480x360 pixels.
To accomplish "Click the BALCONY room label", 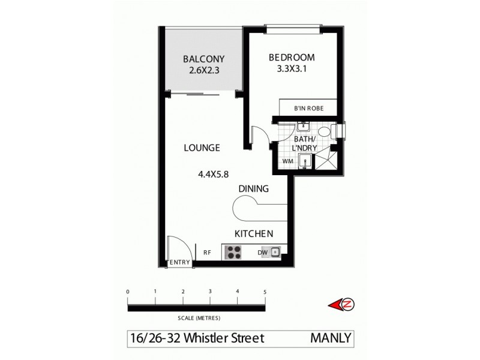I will (x=203, y=59).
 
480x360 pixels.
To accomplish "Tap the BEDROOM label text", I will (x=292, y=58).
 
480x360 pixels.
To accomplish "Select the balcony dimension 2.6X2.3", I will (x=203, y=70).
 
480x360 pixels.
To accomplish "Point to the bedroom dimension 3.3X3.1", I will (x=292, y=69).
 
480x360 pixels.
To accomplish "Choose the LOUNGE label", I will (x=202, y=148).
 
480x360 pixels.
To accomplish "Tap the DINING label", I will (x=253, y=188).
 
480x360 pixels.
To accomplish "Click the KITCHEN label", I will (x=254, y=233).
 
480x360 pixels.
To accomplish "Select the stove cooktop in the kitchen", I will (x=232, y=253).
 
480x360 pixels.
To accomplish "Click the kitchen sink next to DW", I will (x=275, y=253).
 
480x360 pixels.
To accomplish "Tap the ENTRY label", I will (x=180, y=263).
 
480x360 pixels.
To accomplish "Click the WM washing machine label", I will (x=287, y=161).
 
